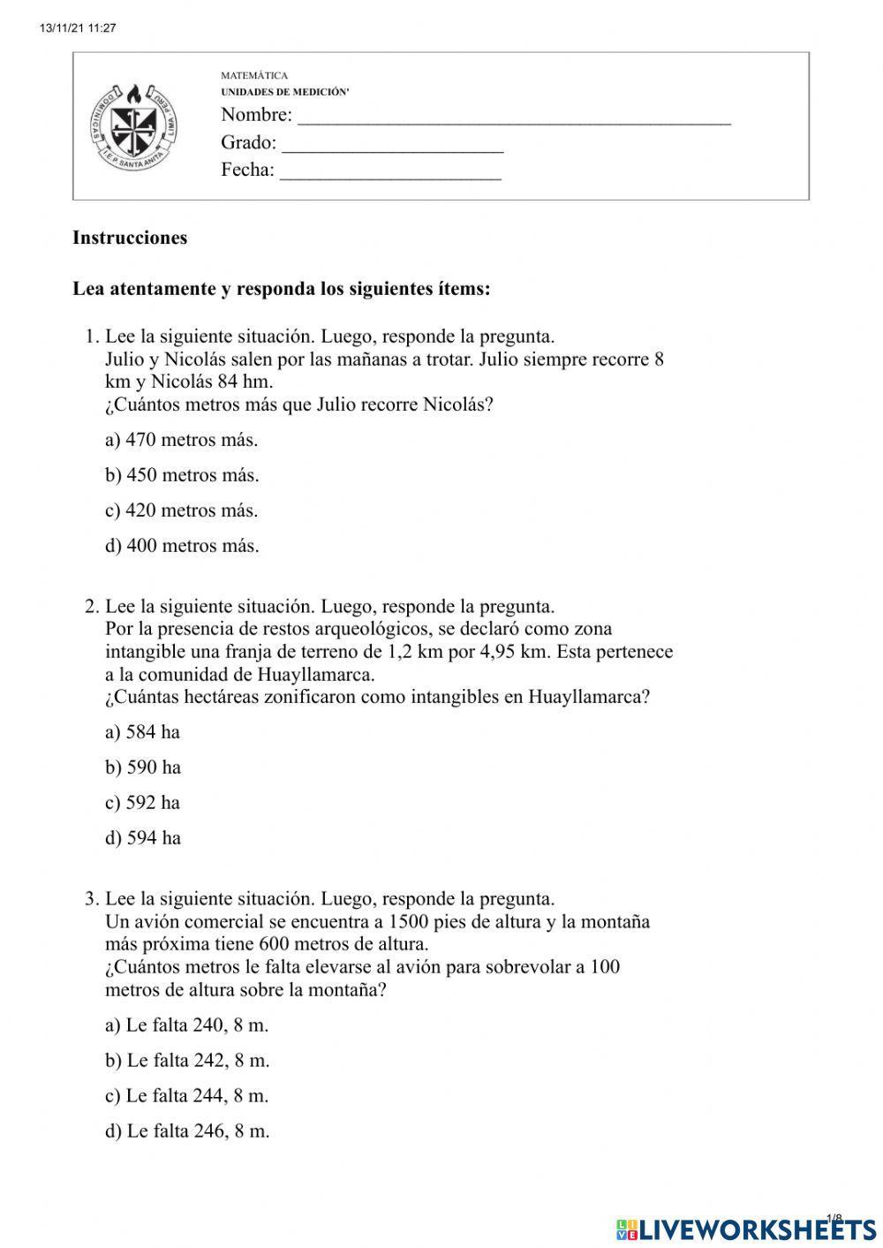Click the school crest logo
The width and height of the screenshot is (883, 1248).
134,127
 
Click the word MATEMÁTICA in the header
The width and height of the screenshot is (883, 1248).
254,76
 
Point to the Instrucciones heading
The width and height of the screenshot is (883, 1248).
130,238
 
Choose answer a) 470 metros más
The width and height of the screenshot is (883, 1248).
181,440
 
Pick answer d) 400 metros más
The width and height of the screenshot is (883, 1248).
182,546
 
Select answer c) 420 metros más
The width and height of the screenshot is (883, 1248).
181,511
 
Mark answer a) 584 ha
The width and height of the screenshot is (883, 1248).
142,732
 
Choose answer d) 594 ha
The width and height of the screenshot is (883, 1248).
143,838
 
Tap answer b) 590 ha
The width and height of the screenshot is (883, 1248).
143,768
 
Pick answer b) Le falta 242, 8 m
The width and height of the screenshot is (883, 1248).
187,1061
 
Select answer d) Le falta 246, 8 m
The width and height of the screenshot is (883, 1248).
187,1131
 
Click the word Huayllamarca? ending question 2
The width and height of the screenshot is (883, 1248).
589,697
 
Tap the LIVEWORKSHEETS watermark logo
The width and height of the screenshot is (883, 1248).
746,1229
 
